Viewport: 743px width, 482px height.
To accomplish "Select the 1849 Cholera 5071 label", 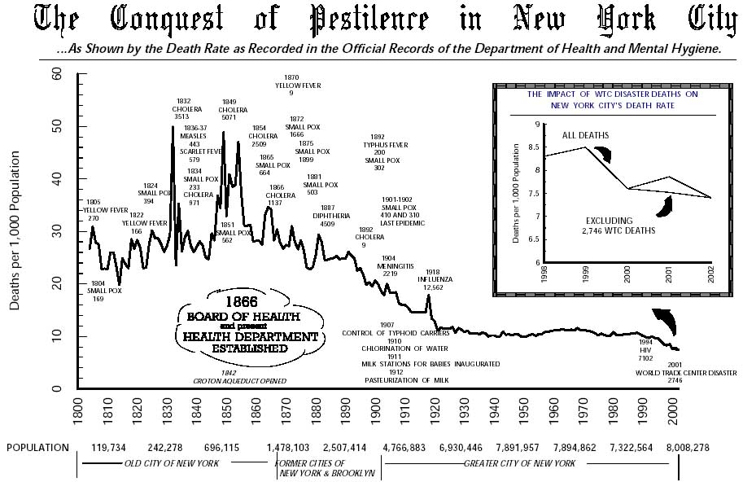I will [x=233, y=109].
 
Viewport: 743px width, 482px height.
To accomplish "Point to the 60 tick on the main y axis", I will [x=56, y=73].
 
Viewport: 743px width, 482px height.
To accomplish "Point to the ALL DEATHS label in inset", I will [x=585, y=134].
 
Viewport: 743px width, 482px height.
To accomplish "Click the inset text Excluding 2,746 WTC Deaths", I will [x=621, y=226].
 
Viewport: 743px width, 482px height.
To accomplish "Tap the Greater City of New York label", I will [x=519, y=463].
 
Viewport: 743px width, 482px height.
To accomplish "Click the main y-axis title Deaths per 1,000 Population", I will [x=15, y=231].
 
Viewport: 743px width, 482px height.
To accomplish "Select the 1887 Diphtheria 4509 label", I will [x=334, y=216].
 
